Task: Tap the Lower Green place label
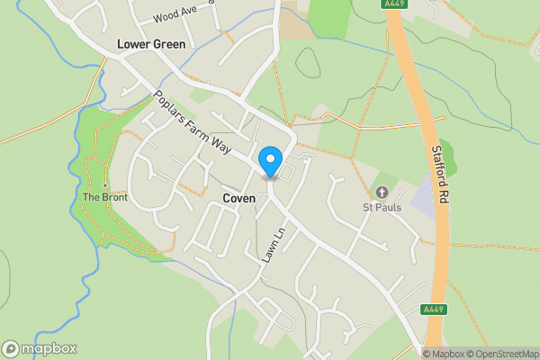pyautogui.click(x=151, y=44)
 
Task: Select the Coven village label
pyautogui.click(x=240, y=198)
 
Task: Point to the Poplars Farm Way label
pyautogui.click(x=192, y=125)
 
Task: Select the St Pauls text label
pyautogui.click(x=382, y=209)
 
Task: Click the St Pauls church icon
pyautogui.click(x=382, y=192)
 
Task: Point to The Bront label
pyautogui.click(x=104, y=197)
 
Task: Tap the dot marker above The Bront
pyautogui.click(x=104, y=185)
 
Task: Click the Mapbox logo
pyautogui.click(x=39, y=349)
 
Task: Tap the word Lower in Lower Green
pyautogui.click(x=133, y=44)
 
